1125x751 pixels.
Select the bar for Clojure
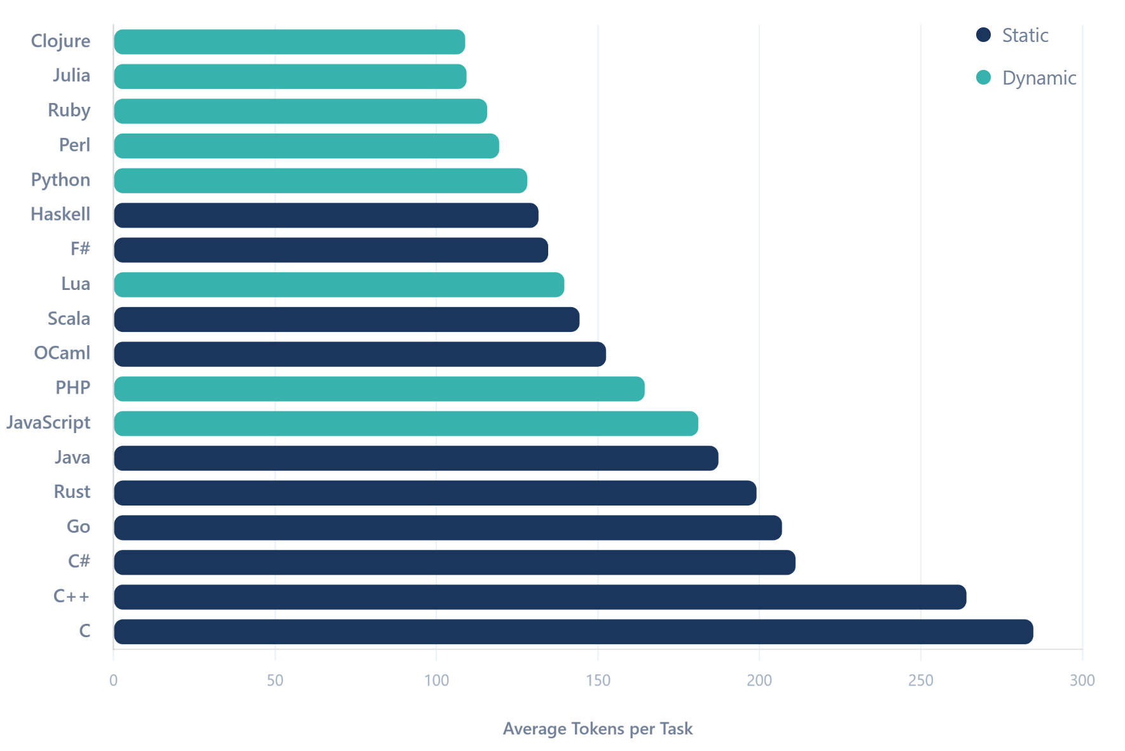(289, 42)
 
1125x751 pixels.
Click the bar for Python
(321, 181)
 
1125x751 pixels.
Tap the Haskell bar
(326, 216)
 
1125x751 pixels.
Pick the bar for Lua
(339, 285)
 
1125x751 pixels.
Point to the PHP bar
(379, 389)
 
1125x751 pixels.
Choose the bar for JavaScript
(406, 424)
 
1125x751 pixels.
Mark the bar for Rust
(435, 493)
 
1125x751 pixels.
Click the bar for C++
(540, 597)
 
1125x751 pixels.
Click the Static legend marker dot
(983, 35)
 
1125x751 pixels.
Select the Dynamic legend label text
(1039, 78)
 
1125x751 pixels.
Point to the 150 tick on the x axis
(598, 680)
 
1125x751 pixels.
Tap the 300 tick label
(1082, 680)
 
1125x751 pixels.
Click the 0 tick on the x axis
(113, 680)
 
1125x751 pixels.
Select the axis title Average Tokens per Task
(597, 729)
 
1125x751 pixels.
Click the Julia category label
(71, 76)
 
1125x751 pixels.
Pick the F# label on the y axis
(80, 249)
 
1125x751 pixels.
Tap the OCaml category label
(62, 353)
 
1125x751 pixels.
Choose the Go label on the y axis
(78, 527)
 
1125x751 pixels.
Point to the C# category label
(79, 561)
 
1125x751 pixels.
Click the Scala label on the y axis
(69, 319)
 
